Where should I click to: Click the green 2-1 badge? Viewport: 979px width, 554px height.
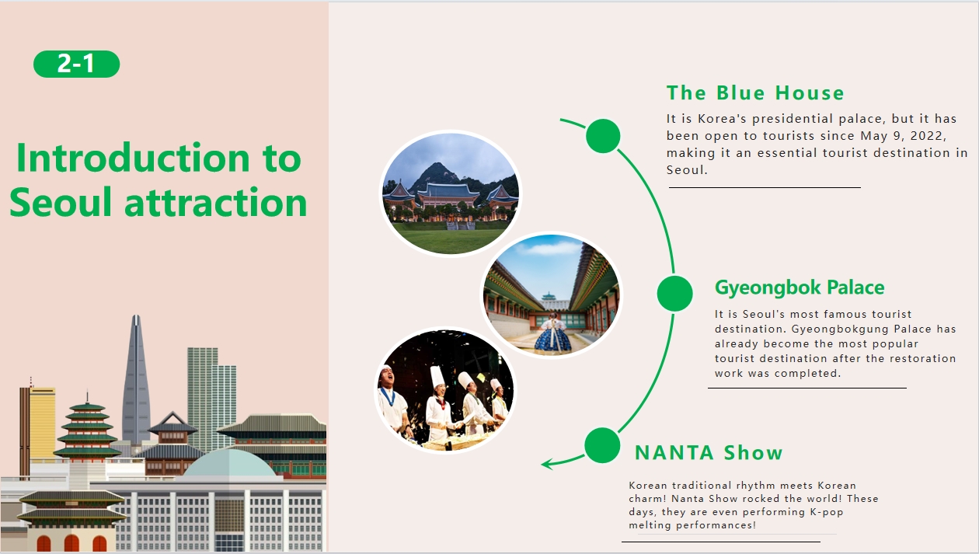click(x=76, y=64)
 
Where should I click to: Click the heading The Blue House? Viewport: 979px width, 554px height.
click(x=755, y=93)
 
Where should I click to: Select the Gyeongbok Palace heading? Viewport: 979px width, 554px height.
click(x=800, y=288)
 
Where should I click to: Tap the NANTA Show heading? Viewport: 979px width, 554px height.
click(x=709, y=453)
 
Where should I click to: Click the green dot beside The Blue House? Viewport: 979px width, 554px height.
click(x=603, y=136)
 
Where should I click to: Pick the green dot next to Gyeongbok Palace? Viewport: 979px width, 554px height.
click(x=674, y=293)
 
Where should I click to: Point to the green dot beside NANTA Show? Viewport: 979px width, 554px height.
click(x=602, y=445)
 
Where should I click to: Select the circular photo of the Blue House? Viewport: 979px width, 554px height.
click(x=451, y=193)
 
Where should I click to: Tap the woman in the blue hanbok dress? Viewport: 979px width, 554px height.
click(x=553, y=334)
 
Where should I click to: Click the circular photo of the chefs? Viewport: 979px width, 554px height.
click(x=445, y=390)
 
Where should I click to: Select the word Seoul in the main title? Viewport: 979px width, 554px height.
click(x=61, y=202)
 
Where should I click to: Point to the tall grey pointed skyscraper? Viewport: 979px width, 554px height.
click(x=136, y=379)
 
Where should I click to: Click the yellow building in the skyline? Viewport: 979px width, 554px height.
click(x=42, y=423)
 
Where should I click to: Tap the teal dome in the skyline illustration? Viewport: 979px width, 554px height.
click(x=229, y=464)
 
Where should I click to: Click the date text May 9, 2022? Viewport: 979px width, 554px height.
click(x=903, y=136)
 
